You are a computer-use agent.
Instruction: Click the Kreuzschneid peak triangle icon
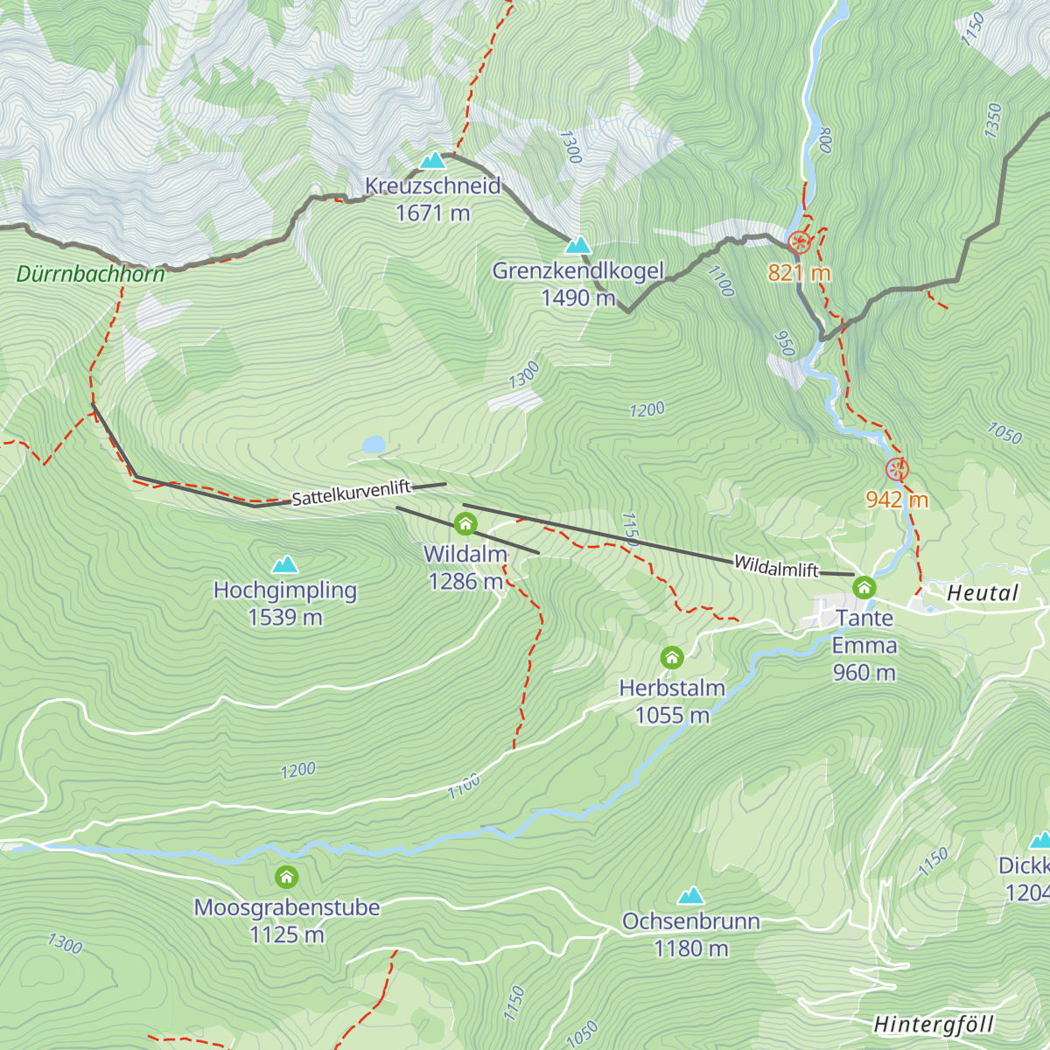tap(432, 161)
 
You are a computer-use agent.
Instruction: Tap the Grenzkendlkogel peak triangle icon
tap(577, 246)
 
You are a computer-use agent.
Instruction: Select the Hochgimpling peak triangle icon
tap(284, 565)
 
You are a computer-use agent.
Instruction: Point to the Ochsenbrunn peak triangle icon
tap(690, 896)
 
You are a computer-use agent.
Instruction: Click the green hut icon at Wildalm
tap(465, 525)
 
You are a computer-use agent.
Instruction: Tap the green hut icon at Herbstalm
tap(672, 657)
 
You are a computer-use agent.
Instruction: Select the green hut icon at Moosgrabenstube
tap(286, 877)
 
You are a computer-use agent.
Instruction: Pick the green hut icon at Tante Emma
tap(864, 587)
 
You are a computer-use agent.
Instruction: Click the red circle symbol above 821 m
tap(799, 242)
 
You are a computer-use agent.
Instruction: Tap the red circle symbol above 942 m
tap(897, 470)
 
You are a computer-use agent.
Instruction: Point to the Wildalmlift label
tap(776, 567)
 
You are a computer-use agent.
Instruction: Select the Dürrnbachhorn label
tap(90, 275)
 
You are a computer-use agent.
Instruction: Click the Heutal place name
tap(983, 593)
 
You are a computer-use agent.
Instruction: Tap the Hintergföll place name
tap(934, 1025)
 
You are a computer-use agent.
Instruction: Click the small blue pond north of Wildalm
tap(374, 445)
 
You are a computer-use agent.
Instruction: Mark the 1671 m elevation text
tap(432, 213)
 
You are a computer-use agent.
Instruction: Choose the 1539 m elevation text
tap(285, 618)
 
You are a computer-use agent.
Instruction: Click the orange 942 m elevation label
tap(897, 500)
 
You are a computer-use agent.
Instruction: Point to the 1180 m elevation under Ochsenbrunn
tap(690, 948)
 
